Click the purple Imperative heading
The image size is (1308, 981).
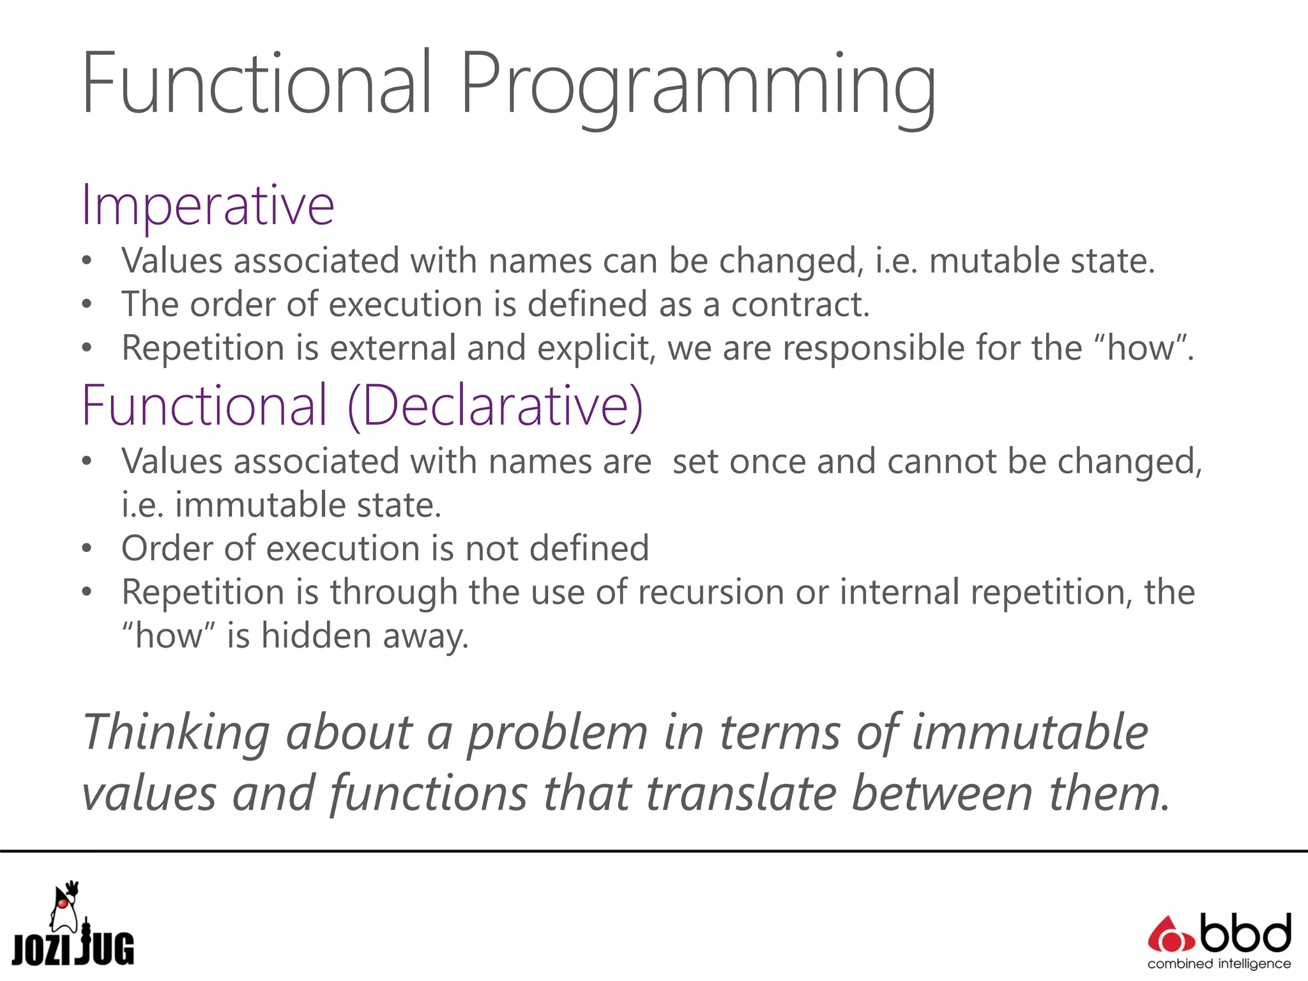click(x=208, y=206)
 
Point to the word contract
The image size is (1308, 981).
click(x=800, y=305)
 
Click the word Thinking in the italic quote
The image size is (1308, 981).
click(x=176, y=733)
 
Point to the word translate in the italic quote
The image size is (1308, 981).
click(x=741, y=794)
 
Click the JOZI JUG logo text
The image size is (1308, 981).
click(x=73, y=950)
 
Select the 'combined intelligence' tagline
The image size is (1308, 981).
click(x=1219, y=964)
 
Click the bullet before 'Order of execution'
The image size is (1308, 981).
click(x=87, y=549)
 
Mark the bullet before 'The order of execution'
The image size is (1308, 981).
click(x=87, y=305)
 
